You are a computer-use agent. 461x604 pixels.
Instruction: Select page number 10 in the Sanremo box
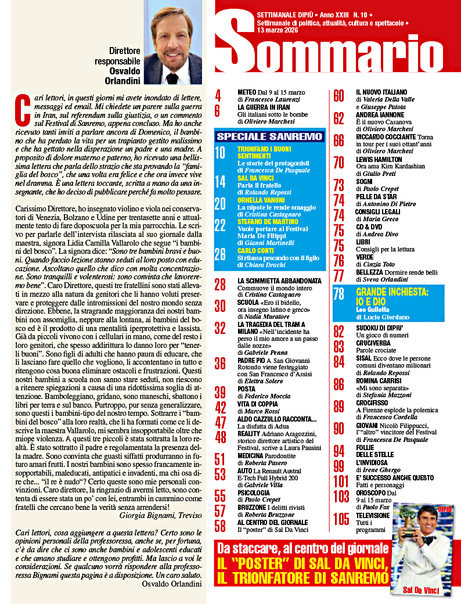220,153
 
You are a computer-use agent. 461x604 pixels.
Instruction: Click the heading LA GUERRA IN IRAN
264,107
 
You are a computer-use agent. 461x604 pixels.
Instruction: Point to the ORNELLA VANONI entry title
262,200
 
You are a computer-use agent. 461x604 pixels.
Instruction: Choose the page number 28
221,285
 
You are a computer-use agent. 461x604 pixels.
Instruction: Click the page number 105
341,519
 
